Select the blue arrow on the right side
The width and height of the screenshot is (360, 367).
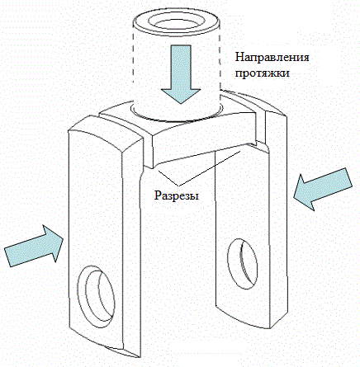click(x=323, y=189)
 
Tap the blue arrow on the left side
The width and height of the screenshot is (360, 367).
click(x=34, y=245)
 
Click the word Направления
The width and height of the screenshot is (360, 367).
click(x=272, y=58)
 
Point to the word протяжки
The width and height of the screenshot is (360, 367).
click(x=262, y=73)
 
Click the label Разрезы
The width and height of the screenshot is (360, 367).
click(x=177, y=195)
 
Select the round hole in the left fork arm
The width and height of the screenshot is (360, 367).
click(x=96, y=296)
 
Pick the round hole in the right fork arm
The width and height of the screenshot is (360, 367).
click(x=243, y=263)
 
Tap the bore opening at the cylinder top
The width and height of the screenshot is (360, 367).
click(x=177, y=21)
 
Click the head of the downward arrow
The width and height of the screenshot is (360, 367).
click(x=181, y=96)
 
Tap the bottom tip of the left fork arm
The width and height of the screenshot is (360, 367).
click(x=138, y=357)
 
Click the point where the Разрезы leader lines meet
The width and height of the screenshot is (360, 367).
click(x=178, y=184)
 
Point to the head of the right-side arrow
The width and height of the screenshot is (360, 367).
click(x=304, y=193)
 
